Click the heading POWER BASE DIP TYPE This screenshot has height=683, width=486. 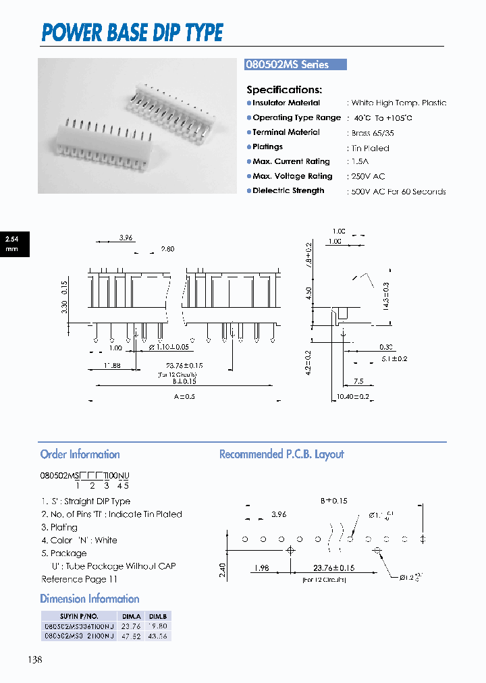[x=132, y=32]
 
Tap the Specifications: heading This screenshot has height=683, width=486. [x=284, y=90]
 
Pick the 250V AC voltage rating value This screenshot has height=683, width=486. [x=367, y=177]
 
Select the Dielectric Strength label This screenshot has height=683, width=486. [x=288, y=191]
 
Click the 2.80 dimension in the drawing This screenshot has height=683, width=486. [x=167, y=249]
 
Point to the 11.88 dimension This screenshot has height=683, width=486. [x=111, y=365]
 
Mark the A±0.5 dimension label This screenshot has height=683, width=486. [x=184, y=397]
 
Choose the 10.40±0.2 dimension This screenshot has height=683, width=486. [x=353, y=398]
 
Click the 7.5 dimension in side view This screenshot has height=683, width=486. [x=359, y=381]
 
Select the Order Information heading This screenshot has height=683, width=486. [x=80, y=454]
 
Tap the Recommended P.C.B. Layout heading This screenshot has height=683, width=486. [x=281, y=454]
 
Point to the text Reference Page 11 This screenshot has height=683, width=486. [x=80, y=579]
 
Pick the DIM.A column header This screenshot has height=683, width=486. [x=131, y=616]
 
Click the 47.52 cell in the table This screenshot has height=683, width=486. [x=131, y=636]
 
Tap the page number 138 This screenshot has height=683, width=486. [x=34, y=660]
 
